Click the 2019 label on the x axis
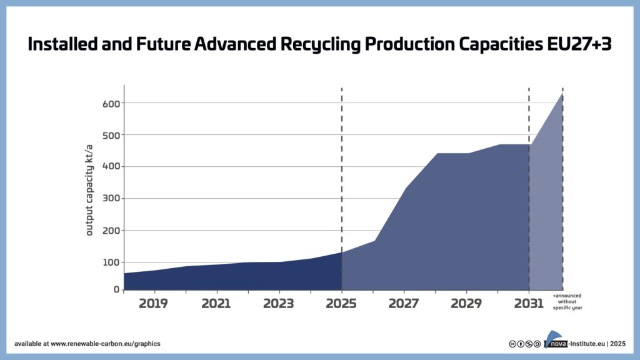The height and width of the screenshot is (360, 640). click(154, 304)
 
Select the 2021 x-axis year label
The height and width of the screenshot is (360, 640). click(217, 304)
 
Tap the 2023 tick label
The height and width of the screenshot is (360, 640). click(279, 304)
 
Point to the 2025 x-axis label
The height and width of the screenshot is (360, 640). click(342, 304)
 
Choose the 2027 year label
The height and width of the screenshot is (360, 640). click(404, 304)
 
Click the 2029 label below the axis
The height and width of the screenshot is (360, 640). click(467, 304)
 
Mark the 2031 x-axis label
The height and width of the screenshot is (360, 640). click(529, 304)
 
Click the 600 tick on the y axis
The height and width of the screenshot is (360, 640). click(111, 103)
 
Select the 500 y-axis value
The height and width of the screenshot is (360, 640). click(111, 135)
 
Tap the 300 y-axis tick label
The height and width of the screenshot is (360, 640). click(111, 199)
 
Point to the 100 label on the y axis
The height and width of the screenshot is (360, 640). click(111, 262)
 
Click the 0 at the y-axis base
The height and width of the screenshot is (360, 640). click(116, 289)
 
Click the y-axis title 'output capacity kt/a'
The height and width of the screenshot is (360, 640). click(89, 189)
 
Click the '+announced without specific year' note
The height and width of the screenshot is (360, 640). click(567, 301)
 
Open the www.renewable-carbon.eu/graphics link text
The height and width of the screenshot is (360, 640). click(105, 344)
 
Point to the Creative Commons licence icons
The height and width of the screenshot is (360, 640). click(525, 344)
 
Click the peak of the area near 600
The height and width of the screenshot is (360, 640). click(562, 94)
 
